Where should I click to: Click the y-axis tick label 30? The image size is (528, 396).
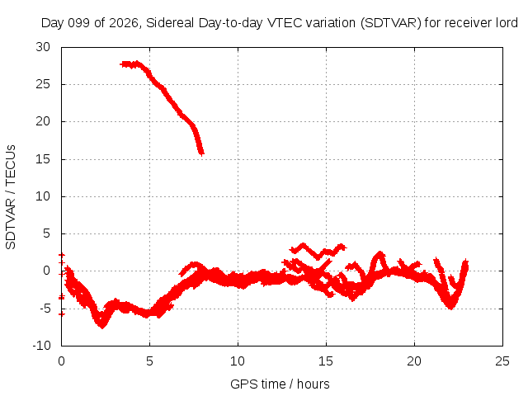(x=43, y=47)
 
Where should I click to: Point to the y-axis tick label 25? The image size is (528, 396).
(x=43, y=84)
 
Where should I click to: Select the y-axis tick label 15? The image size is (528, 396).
(x=43, y=159)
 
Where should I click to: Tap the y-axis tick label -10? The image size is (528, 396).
(x=41, y=346)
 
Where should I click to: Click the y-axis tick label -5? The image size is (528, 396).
(x=43, y=308)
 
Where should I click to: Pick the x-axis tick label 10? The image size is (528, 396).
(x=238, y=361)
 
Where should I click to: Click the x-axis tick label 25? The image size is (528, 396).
(x=502, y=361)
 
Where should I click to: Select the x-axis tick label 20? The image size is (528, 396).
(x=414, y=361)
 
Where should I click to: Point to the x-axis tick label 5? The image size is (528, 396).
(x=149, y=361)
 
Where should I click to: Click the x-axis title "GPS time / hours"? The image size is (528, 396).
(x=280, y=384)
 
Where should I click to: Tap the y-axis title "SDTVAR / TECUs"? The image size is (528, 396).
(x=11, y=197)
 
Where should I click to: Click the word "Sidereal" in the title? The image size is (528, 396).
(x=170, y=23)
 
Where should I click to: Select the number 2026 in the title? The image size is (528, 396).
(x=124, y=23)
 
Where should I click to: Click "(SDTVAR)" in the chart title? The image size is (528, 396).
(x=390, y=23)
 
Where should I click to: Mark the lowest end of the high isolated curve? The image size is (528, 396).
(x=201, y=154)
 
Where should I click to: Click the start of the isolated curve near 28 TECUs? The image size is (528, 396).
(x=122, y=64)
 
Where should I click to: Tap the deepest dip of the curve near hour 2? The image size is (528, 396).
(x=102, y=326)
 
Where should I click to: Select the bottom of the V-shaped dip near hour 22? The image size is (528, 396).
(x=451, y=307)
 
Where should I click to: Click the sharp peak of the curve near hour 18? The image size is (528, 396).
(x=380, y=253)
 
